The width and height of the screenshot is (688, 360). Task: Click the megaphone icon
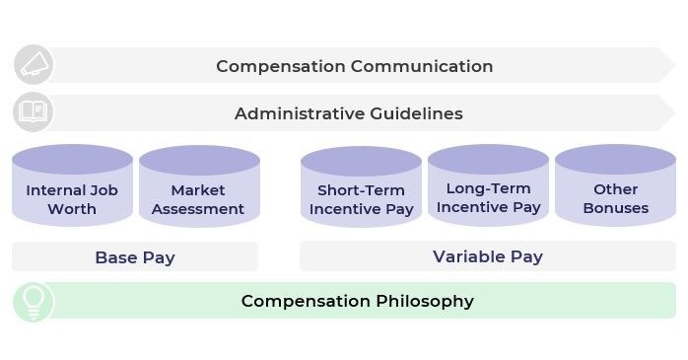tap(33, 65)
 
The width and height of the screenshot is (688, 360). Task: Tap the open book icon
tap(33, 112)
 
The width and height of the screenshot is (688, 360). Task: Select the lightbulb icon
tap(33, 301)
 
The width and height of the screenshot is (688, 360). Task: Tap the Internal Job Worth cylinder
tap(72, 187)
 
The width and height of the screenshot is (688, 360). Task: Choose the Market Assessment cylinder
tap(198, 187)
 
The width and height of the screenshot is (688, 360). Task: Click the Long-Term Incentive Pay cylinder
tap(488, 187)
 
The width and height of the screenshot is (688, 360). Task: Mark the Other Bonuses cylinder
tap(615, 187)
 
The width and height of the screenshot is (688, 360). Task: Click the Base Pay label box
tap(135, 257)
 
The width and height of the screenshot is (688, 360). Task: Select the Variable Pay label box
tap(488, 256)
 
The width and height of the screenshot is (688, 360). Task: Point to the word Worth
tap(72, 209)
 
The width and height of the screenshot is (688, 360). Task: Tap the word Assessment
tap(198, 209)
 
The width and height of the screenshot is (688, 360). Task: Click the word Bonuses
tap(615, 208)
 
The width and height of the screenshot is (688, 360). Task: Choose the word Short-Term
tap(361, 190)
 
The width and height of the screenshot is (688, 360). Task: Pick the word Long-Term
tap(488, 188)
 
